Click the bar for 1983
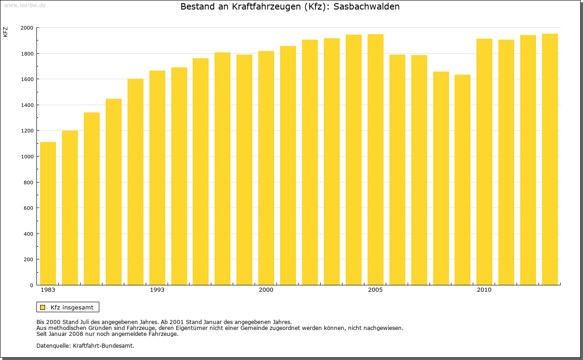pyautogui.click(x=48, y=213)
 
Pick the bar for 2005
pyautogui.click(x=375, y=159)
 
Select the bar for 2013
pyautogui.click(x=550, y=159)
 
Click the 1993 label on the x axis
pyautogui.click(x=157, y=290)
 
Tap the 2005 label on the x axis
pyautogui.click(x=375, y=290)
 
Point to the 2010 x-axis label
pyautogui.click(x=484, y=290)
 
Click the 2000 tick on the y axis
pyautogui.click(x=27, y=28)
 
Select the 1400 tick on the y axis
pyautogui.click(x=27, y=105)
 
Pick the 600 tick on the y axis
pyautogui.click(x=29, y=208)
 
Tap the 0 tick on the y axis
pyautogui.click(x=31, y=285)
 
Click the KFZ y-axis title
pyautogui.click(x=5, y=32)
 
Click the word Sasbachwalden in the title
pyautogui.click(x=367, y=7)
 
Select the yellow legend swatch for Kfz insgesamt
pyautogui.click(x=42, y=307)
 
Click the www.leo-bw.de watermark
pyautogui.click(x=25, y=5)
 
